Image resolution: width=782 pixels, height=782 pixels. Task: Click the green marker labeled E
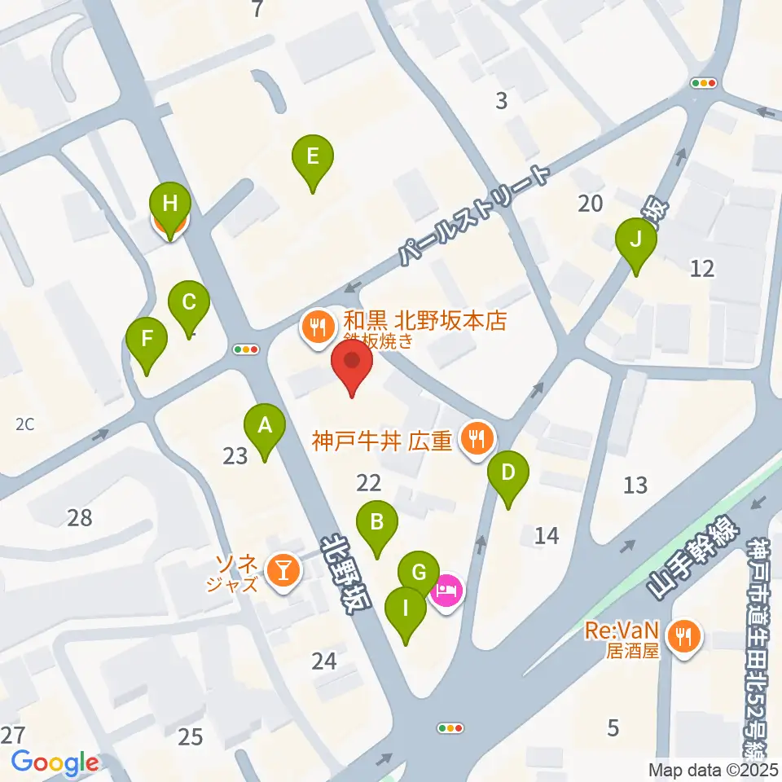tap(313, 157)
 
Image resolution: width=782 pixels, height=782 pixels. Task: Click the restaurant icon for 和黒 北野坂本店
tap(315, 327)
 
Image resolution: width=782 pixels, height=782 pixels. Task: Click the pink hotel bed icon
tap(447, 591)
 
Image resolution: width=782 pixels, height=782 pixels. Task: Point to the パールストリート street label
tap(472, 213)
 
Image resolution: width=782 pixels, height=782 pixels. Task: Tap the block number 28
tap(80, 517)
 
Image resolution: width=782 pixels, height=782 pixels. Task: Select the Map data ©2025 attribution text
tap(712, 769)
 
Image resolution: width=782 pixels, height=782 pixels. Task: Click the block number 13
tap(635, 485)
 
